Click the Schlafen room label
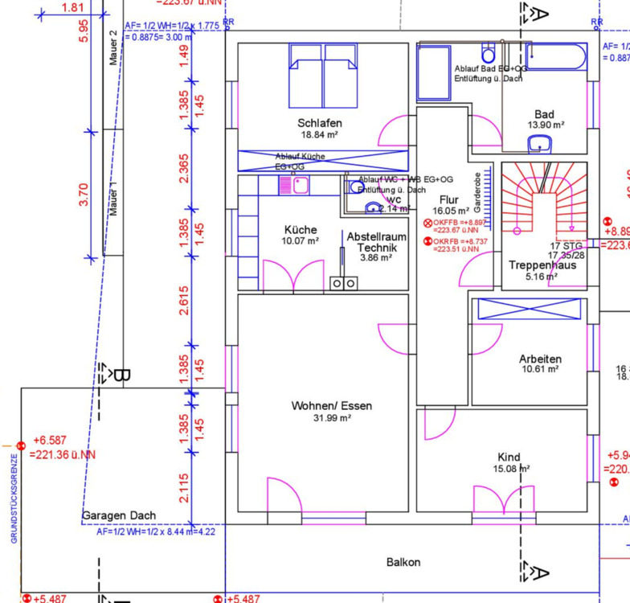[x=320, y=123]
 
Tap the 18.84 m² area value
[x=320, y=135]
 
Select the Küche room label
[x=301, y=229]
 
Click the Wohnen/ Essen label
[x=332, y=406]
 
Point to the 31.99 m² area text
[x=333, y=418]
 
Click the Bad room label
[x=544, y=114]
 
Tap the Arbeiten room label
[x=540, y=359]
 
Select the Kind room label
[x=509, y=457]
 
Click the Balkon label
[x=403, y=562]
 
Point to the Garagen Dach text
[x=119, y=515]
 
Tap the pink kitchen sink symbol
[x=288, y=186]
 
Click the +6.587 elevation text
[x=51, y=441]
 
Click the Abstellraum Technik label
[x=376, y=243]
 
